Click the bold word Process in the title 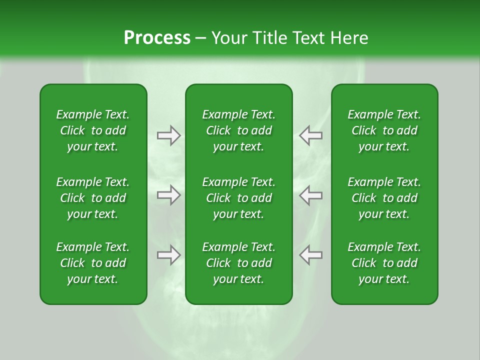click(157, 38)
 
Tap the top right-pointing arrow click(168, 135)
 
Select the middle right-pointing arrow click(168, 195)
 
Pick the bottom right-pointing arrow click(168, 255)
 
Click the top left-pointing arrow click(310, 135)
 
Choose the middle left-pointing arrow click(310, 195)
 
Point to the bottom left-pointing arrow click(310, 255)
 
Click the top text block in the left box click(93, 130)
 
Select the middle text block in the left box click(93, 198)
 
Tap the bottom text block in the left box click(93, 263)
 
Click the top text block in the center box click(238, 130)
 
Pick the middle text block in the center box click(238, 198)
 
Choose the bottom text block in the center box click(238, 263)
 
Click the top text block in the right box click(384, 130)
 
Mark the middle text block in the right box click(384, 198)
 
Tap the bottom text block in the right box click(384, 263)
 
